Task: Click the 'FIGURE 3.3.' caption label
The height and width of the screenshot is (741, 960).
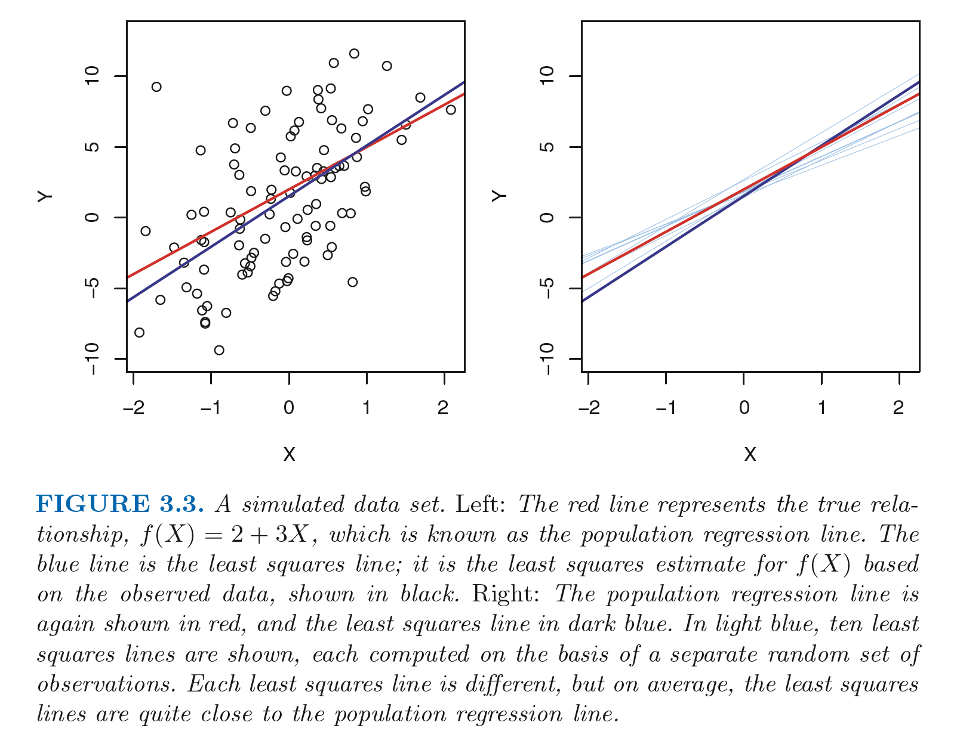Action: pos(120,505)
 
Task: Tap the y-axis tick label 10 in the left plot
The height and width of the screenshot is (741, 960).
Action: pos(91,76)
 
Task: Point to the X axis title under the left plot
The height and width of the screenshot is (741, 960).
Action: pos(289,455)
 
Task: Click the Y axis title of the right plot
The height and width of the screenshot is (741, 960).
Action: pos(500,196)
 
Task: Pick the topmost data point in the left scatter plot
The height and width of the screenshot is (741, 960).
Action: pos(354,54)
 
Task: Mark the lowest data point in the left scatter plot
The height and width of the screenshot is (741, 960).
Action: pos(219,350)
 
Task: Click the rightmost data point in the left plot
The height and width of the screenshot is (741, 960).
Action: pos(451,110)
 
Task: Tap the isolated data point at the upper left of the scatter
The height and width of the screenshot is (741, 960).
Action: pos(156,87)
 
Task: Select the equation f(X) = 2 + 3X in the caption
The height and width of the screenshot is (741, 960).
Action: pos(224,535)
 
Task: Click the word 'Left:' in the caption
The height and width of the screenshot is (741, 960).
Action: pos(481,505)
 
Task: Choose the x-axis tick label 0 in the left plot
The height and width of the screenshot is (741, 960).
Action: pos(289,408)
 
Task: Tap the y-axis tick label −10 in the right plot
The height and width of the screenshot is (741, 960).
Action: pos(546,359)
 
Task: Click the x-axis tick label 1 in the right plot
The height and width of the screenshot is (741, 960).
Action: pos(821,408)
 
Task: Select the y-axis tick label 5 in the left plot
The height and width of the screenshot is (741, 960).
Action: pos(91,147)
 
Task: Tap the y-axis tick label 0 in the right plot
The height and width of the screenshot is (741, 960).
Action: pos(546,217)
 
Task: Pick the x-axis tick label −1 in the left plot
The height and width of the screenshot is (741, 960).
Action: pos(210,408)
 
